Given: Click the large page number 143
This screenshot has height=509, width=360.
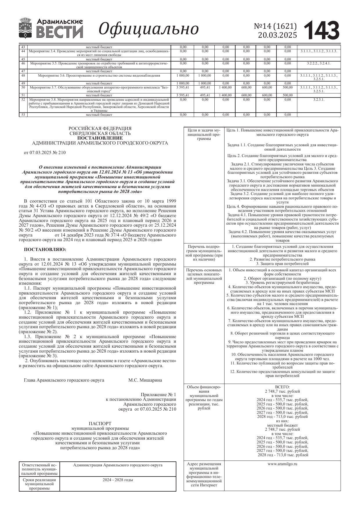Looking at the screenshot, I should [322, 30].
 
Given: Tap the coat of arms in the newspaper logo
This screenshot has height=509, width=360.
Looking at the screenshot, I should [26, 28].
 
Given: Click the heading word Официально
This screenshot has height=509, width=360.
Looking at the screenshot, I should [149, 29].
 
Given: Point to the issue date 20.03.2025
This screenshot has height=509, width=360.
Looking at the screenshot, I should [277, 35].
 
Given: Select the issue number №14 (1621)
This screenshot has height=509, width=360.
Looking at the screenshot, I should [275, 26].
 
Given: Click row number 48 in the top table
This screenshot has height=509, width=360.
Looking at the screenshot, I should [23, 75].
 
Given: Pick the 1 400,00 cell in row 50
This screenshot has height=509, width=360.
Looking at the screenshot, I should [225, 87].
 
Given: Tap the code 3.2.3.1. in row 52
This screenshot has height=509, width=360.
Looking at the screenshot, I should [319, 100].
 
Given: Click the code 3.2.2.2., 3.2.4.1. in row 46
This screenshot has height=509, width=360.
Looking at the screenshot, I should [319, 63].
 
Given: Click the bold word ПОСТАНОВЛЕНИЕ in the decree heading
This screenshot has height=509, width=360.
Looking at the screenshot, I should [100, 138].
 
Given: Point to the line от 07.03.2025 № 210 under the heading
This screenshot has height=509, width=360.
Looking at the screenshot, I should [45, 153].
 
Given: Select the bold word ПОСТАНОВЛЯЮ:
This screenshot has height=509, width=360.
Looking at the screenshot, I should [45, 249].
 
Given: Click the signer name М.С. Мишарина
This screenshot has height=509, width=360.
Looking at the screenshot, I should [145, 380].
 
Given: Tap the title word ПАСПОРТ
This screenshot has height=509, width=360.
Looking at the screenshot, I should [100, 424].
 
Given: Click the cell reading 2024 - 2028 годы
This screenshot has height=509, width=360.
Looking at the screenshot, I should [118, 480].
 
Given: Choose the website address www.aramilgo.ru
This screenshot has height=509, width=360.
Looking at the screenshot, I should [282, 464].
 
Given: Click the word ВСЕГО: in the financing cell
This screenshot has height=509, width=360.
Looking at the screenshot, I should [282, 387].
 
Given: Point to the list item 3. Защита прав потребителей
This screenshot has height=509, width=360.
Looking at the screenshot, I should [282, 264].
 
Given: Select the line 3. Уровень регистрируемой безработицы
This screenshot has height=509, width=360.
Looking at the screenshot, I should [282, 282].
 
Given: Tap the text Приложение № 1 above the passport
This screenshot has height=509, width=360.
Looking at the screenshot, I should [158, 395].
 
